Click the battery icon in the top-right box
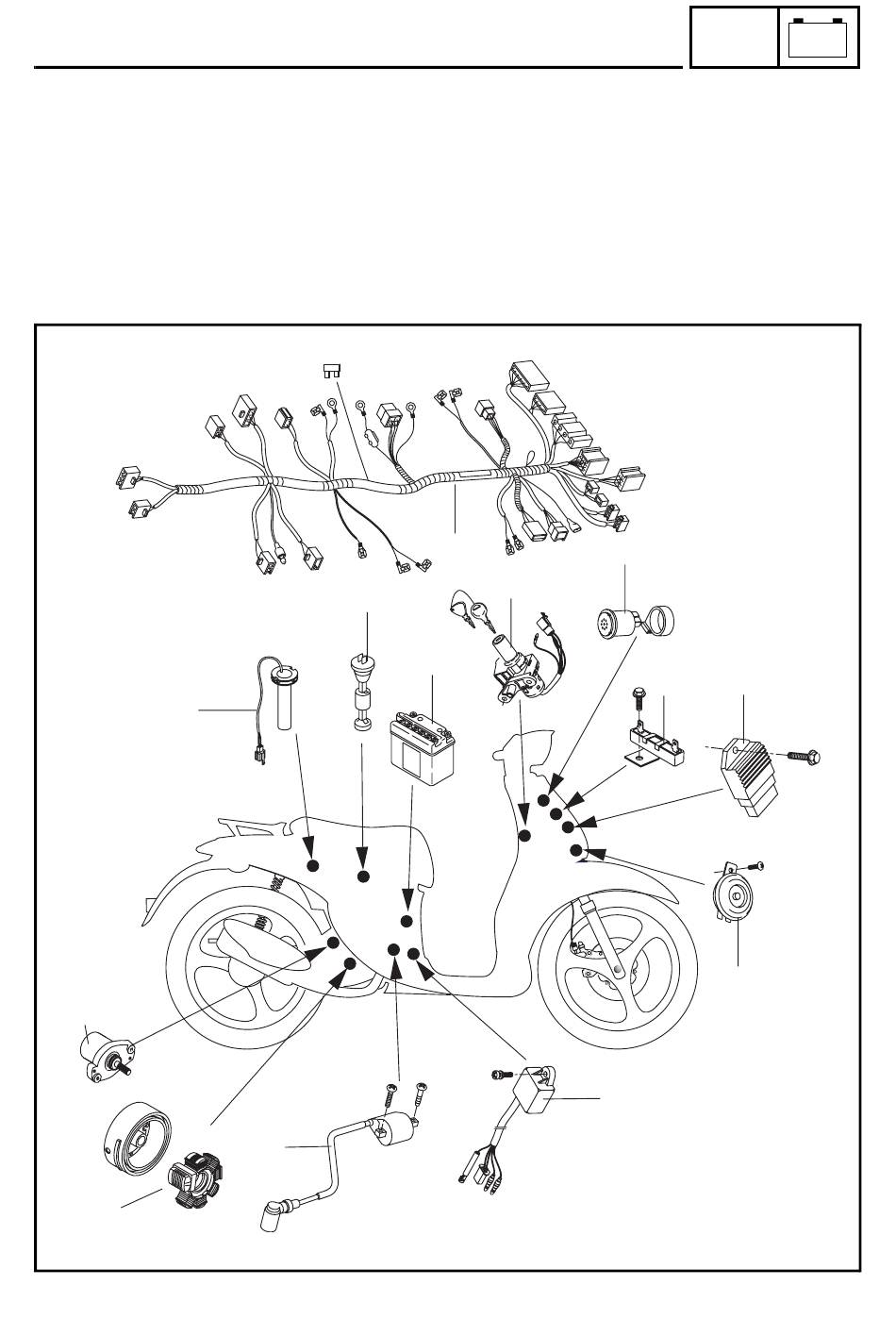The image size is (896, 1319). pos(819,38)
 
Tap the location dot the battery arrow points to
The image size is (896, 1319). pos(407,921)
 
